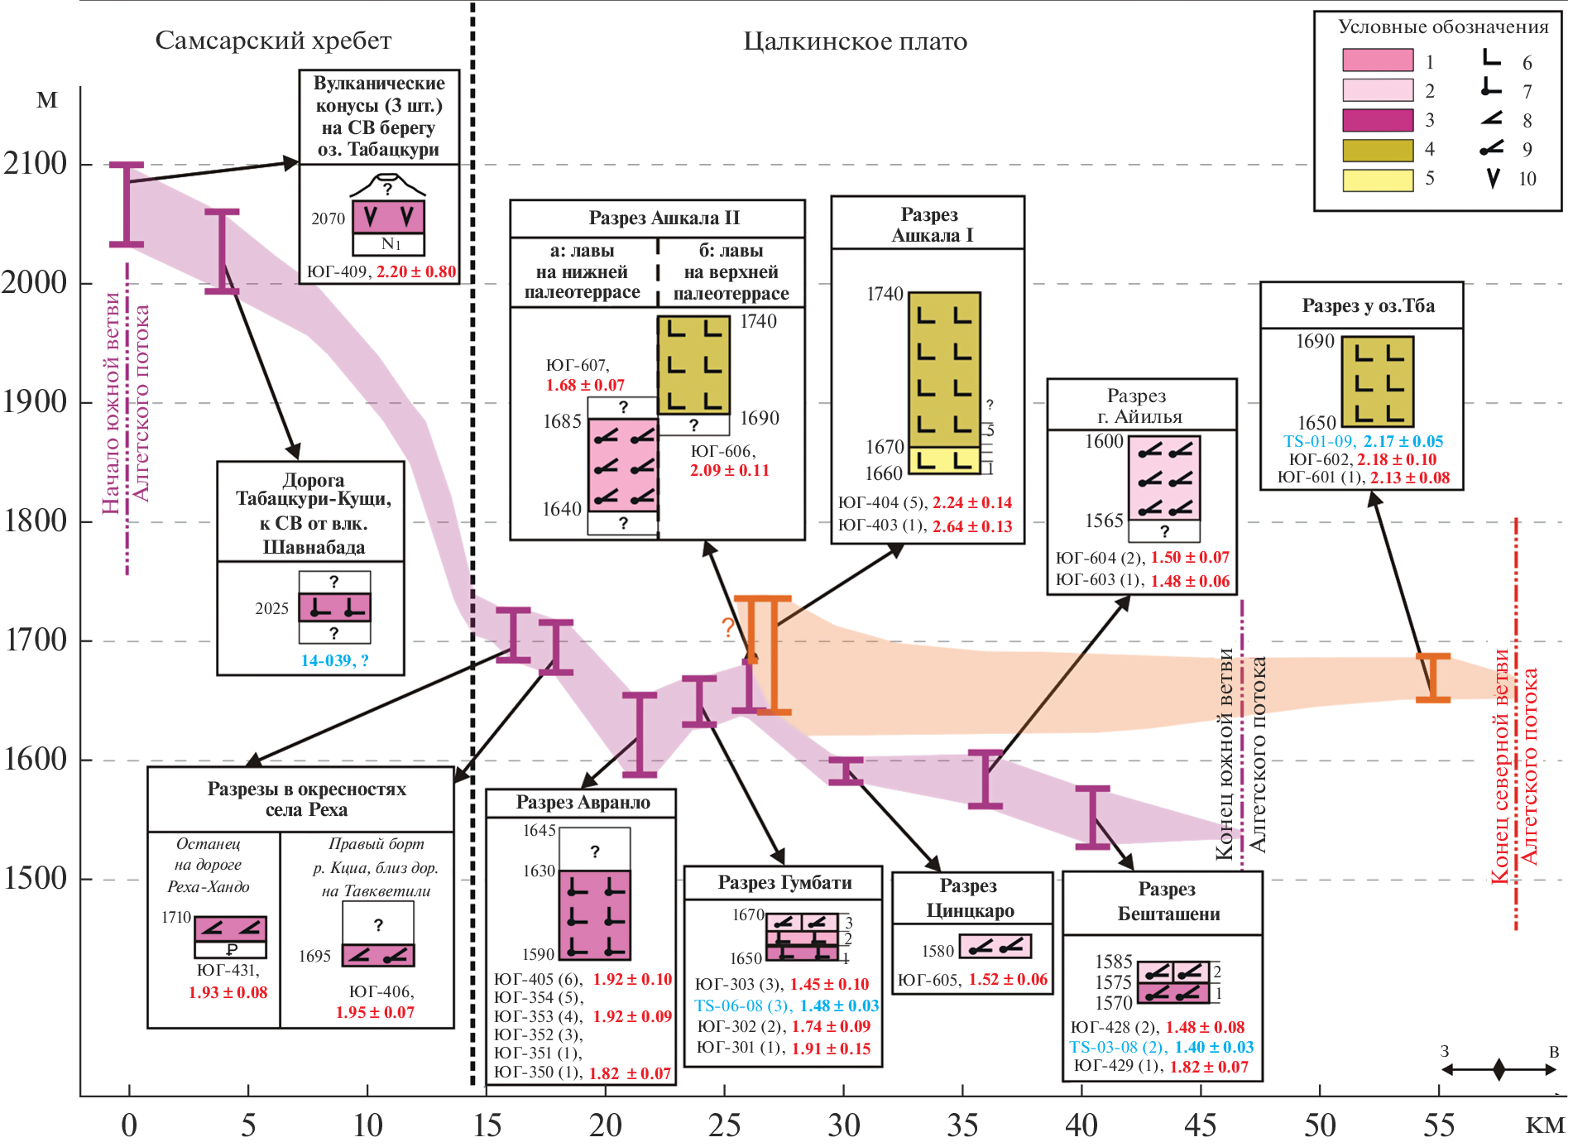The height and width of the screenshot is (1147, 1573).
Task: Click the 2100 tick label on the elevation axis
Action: coord(35,164)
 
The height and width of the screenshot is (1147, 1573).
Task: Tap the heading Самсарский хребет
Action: coord(273,41)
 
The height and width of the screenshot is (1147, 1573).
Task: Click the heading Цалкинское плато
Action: coord(855,41)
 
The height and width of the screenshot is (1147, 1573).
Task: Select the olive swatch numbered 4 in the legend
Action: coord(1377,150)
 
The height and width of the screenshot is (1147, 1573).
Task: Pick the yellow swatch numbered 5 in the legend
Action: coord(1377,180)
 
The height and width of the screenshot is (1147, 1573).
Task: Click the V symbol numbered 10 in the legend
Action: coord(1493,179)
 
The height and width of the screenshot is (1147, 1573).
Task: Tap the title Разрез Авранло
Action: coord(583,802)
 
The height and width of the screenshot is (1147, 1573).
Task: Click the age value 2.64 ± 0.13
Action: coord(971,526)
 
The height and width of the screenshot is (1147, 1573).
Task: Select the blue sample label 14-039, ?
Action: coord(334,660)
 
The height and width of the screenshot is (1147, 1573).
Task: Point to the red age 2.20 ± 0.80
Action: coord(416,271)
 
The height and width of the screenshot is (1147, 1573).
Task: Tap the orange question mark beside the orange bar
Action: coord(727,627)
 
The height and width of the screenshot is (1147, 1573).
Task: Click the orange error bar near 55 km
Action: coord(1432,678)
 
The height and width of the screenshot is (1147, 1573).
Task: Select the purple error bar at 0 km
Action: coord(127,204)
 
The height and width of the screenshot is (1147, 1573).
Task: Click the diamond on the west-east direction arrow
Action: coord(1499,1069)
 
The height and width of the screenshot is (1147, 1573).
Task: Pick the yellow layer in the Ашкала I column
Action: coord(944,460)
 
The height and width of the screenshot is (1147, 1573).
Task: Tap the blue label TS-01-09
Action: coord(1318,441)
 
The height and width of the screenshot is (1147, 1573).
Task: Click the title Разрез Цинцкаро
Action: coord(970,898)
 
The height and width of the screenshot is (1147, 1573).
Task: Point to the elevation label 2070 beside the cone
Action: coord(328,218)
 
